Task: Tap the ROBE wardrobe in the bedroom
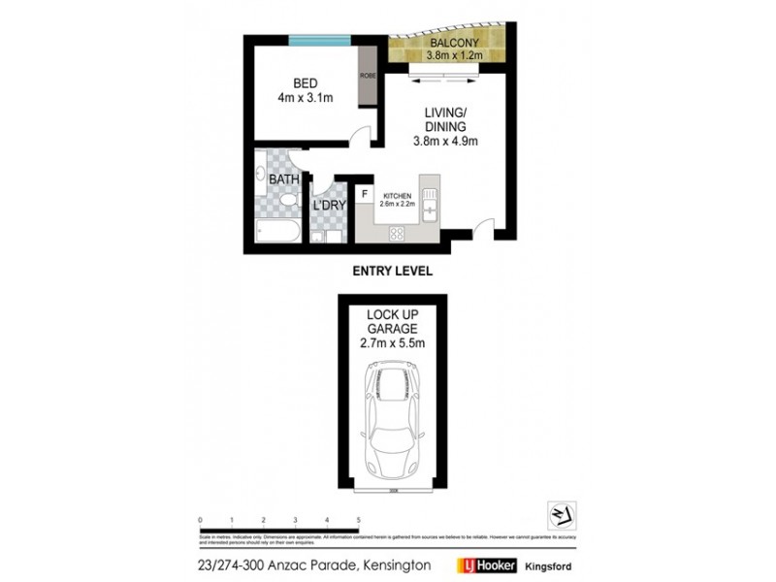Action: tap(368, 77)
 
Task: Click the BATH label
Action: tap(284, 179)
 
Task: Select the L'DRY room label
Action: tap(328, 208)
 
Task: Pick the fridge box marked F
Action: tap(364, 194)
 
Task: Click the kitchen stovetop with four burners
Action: tap(398, 233)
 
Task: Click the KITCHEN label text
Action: tap(397, 195)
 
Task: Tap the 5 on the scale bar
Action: tap(359, 521)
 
